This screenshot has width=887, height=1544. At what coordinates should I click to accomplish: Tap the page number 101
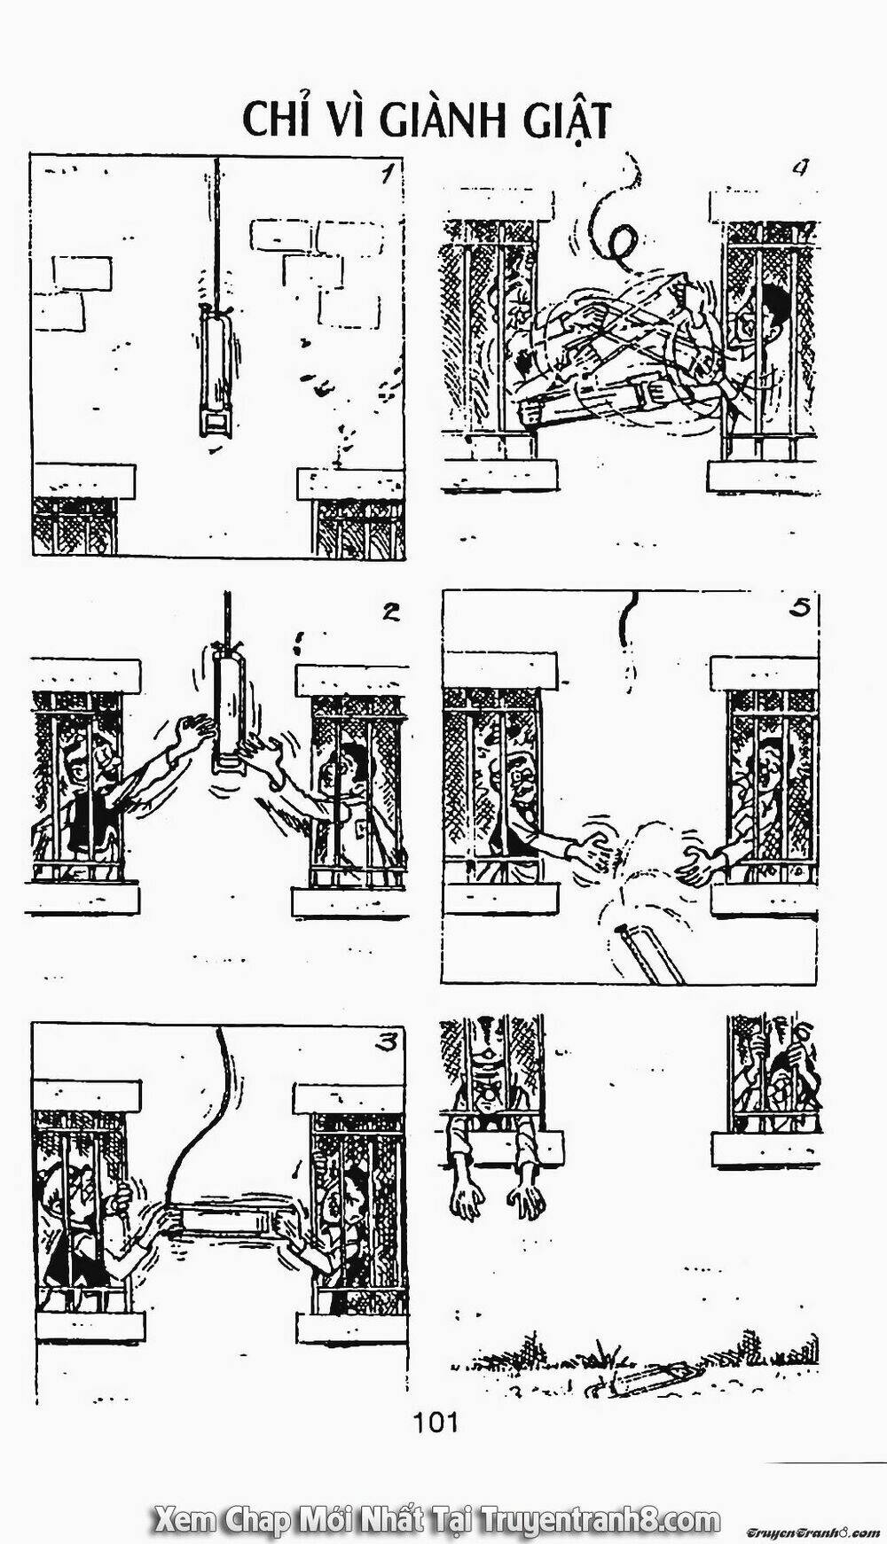[435, 1423]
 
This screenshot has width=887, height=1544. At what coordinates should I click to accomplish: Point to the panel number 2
[390, 612]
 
